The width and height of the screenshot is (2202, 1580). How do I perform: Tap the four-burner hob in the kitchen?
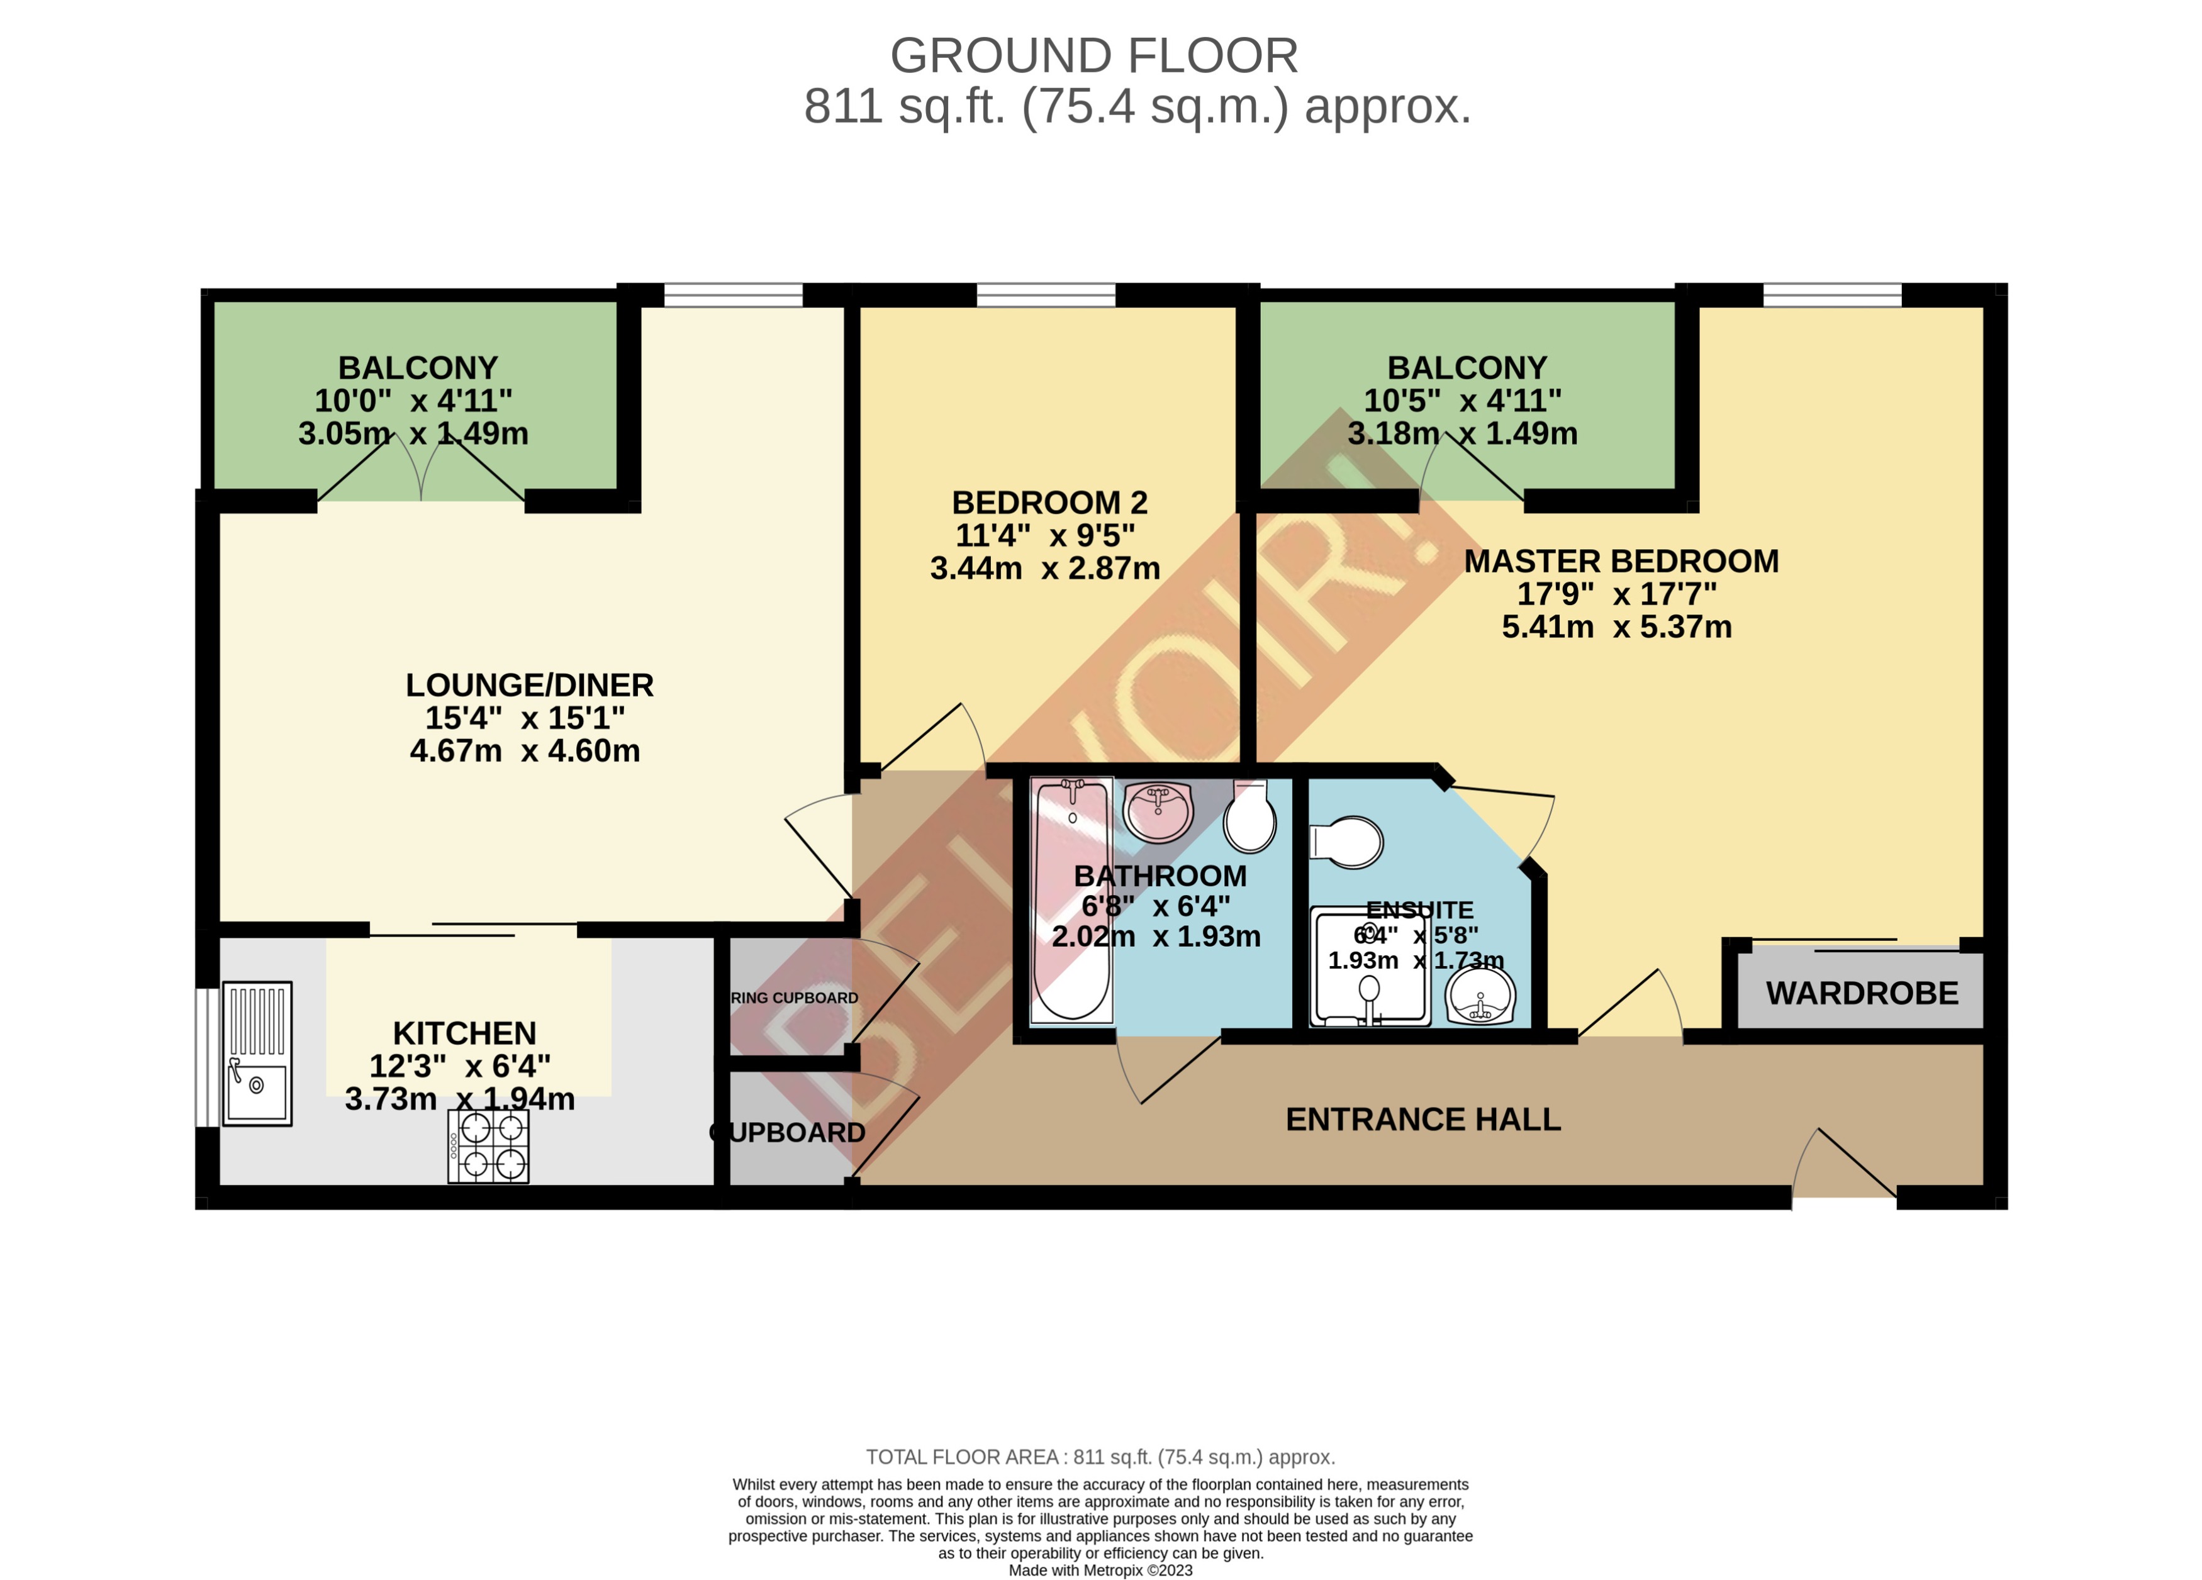[x=488, y=1146]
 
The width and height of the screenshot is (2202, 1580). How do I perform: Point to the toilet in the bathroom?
[x=1249, y=816]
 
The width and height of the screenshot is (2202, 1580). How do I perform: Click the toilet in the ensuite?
[x=1346, y=842]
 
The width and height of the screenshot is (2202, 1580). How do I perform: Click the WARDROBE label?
[x=1861, y=993]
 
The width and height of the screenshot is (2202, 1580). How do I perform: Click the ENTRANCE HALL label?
[x=1422, y=1119]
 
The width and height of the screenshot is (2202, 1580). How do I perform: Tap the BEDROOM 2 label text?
[x=1049, y=502]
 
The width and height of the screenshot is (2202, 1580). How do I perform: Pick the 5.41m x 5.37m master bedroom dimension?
[x=1616, y=627]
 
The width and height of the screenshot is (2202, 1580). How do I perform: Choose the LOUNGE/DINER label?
[x=529, y=685]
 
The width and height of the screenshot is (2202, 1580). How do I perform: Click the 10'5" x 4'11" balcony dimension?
[x=1462, y=400]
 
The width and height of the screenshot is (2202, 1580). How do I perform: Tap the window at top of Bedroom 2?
[x=1046, y=294]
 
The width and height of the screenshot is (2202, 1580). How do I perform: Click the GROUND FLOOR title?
[x=1093, y=55]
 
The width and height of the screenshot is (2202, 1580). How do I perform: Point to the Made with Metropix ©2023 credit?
[x=1100, y=1569]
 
